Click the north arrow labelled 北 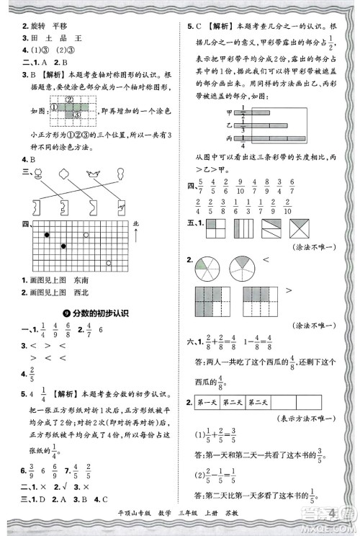[136, 235]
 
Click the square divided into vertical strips [243, 229]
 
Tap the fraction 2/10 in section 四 [288, 207]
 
